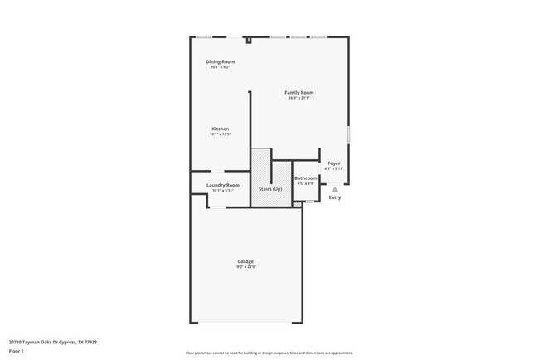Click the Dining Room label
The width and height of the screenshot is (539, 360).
click(x=220, y=61)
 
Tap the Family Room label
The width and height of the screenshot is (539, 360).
click(x=299, y=92)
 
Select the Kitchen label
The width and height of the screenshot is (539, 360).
click(x=220, y=129)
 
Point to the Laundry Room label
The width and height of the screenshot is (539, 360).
click(x=223, y=185)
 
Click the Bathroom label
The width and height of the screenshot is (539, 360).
click(x=306, y=178)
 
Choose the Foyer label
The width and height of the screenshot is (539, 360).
click(x=334, y=163)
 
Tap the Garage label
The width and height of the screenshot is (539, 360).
click(x=245, y=261)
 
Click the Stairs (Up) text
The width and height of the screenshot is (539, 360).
click(x=270, y=189)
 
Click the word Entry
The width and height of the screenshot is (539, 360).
click(x=335, y=197)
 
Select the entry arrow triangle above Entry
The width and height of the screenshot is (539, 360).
click(x=335, y=189)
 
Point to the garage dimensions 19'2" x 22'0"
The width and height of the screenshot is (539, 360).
click(x=245, y=267)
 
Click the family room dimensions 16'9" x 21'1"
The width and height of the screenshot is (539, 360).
click(x=299, y=98)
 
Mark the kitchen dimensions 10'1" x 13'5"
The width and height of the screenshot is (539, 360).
click(x=220, y=134)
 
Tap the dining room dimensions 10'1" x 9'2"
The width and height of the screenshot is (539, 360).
click(x=220, y=67)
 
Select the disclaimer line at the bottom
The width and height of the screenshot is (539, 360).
click(x=269, y=353)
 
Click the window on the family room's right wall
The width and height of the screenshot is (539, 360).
click(x=349, y=134)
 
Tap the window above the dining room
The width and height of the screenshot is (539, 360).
click(x=204, y=36)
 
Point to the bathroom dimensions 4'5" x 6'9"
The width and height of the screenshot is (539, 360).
click(x=306, y=184)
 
